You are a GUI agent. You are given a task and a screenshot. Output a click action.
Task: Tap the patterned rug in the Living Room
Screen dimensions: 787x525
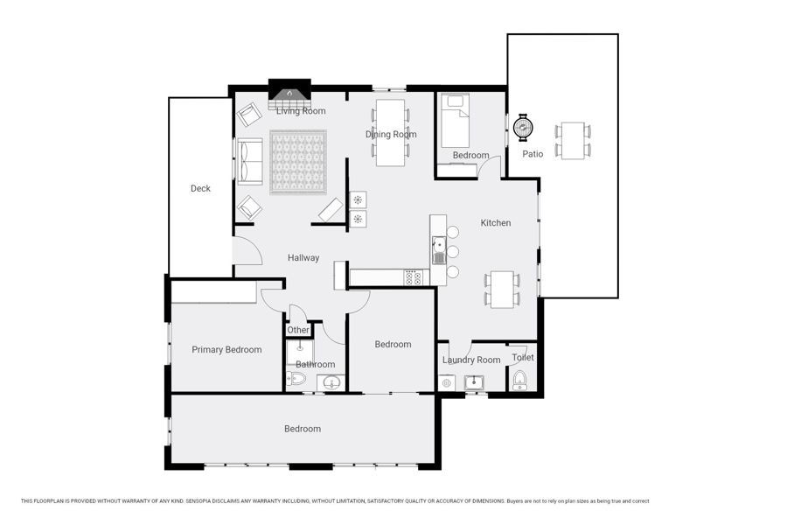click(298, 162)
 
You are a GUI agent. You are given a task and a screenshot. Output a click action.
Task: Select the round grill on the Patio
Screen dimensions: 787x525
click(523, 127)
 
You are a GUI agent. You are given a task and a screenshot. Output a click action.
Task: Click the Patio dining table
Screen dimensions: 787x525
click(573, 141)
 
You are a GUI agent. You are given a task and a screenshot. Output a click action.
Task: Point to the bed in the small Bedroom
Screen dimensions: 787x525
click(455, 121)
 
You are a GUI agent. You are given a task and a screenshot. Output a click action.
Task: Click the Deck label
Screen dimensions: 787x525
click(200, 188)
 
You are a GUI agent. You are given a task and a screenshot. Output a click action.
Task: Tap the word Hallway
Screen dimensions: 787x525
click(303, 258)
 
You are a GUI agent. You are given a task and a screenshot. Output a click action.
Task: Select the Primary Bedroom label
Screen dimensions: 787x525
click(226, 350)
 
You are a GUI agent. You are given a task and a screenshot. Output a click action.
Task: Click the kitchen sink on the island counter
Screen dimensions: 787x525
click(439, 249)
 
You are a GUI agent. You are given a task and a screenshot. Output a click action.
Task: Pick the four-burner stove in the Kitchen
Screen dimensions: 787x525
click(413, 278)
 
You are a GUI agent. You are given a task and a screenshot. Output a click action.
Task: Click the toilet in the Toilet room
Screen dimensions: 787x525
click(519, 381)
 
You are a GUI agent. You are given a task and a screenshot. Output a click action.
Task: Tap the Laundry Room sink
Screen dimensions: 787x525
click(473, 383)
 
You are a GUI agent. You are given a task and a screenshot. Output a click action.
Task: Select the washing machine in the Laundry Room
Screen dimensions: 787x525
click(446, 383)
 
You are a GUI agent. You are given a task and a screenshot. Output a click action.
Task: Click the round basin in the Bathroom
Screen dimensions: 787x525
click(331, 383)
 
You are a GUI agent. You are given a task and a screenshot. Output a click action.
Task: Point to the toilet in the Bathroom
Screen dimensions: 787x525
click(296, 378)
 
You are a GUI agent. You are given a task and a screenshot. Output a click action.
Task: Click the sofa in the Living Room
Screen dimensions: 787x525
click(249, 161)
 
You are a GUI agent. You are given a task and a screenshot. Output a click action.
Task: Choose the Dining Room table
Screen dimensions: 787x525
click(390, 133)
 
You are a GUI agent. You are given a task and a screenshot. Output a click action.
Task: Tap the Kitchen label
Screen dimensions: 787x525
click(496, 222)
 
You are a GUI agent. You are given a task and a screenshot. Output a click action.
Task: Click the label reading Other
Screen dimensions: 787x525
click(298, 330)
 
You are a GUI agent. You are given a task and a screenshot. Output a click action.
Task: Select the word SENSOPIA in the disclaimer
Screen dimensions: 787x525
click(201, 501)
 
